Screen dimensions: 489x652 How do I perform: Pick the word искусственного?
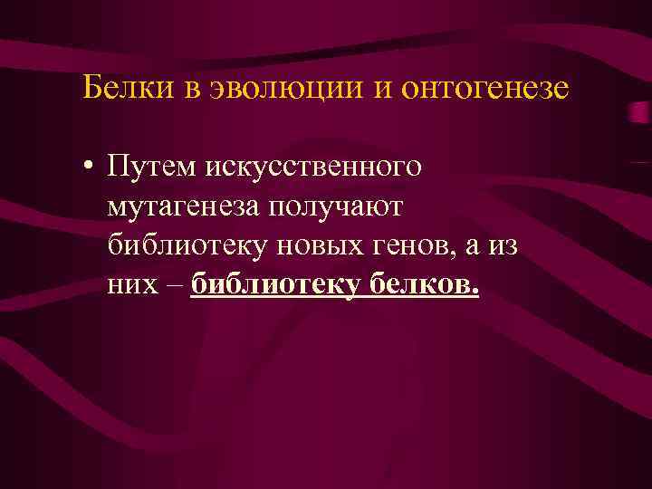[x=313, y=168]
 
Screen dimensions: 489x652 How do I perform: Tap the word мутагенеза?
[x=182, y=207]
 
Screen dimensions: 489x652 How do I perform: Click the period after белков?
[x=474, y=292]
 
